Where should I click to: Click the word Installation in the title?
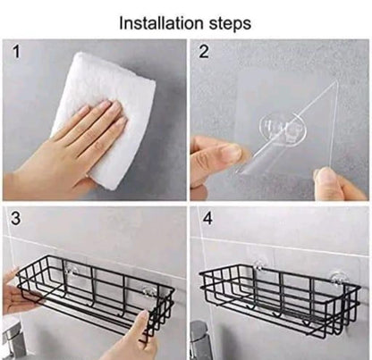tap(162, 23)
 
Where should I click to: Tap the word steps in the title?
tap(230, 24)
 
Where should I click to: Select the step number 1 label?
tap(17, 52)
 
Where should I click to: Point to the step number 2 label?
tap(204, 52)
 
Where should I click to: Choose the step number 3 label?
tap(16, 218)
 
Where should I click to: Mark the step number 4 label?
tap(207, 218)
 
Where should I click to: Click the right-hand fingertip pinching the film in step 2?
tap(325, 178)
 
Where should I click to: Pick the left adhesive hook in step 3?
tap(72, 272)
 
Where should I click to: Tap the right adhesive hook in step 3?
tap(148, 292)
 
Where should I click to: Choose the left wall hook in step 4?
tap(259, 265)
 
